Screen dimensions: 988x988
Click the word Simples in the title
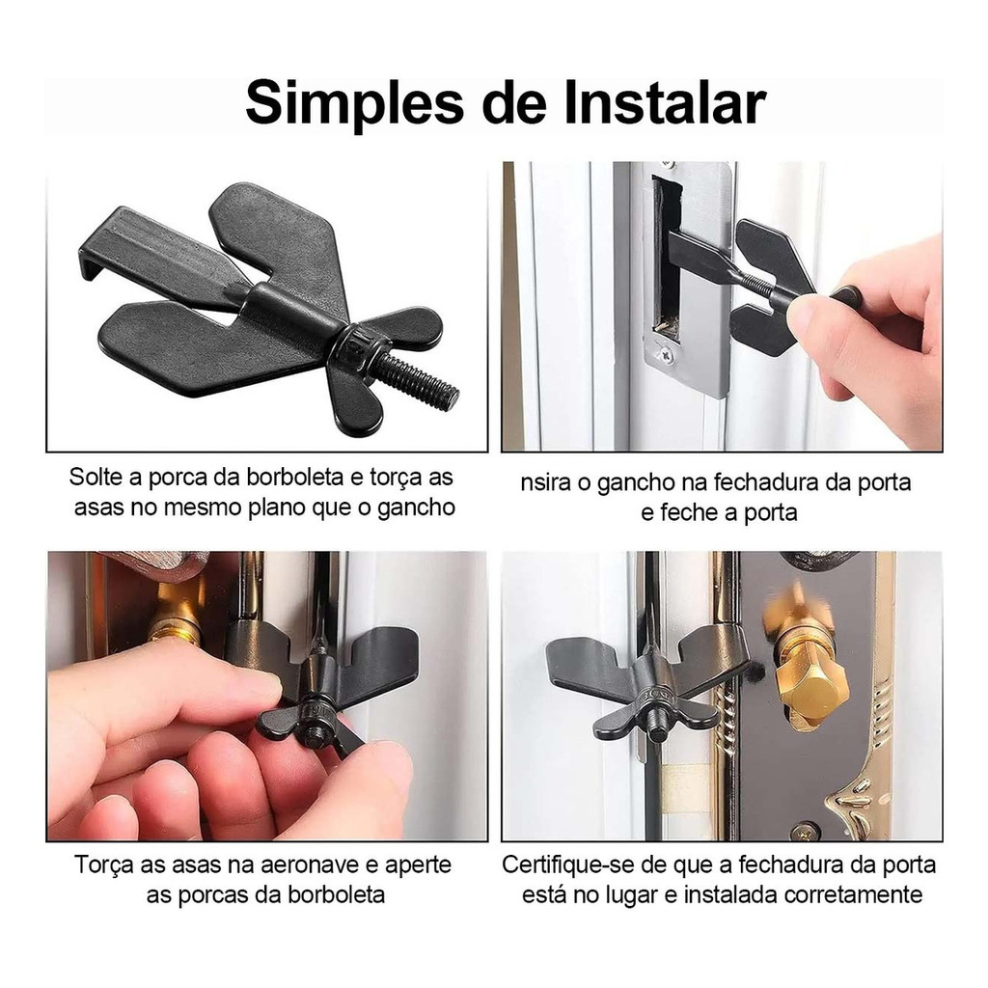[x=354, y=103]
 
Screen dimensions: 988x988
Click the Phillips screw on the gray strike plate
[x=666, y=357]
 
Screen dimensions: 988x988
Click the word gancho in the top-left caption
[x=416, y=508]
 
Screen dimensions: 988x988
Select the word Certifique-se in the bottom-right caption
[x=568, y=864]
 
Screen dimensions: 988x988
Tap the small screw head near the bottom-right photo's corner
[x=805, y=831]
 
